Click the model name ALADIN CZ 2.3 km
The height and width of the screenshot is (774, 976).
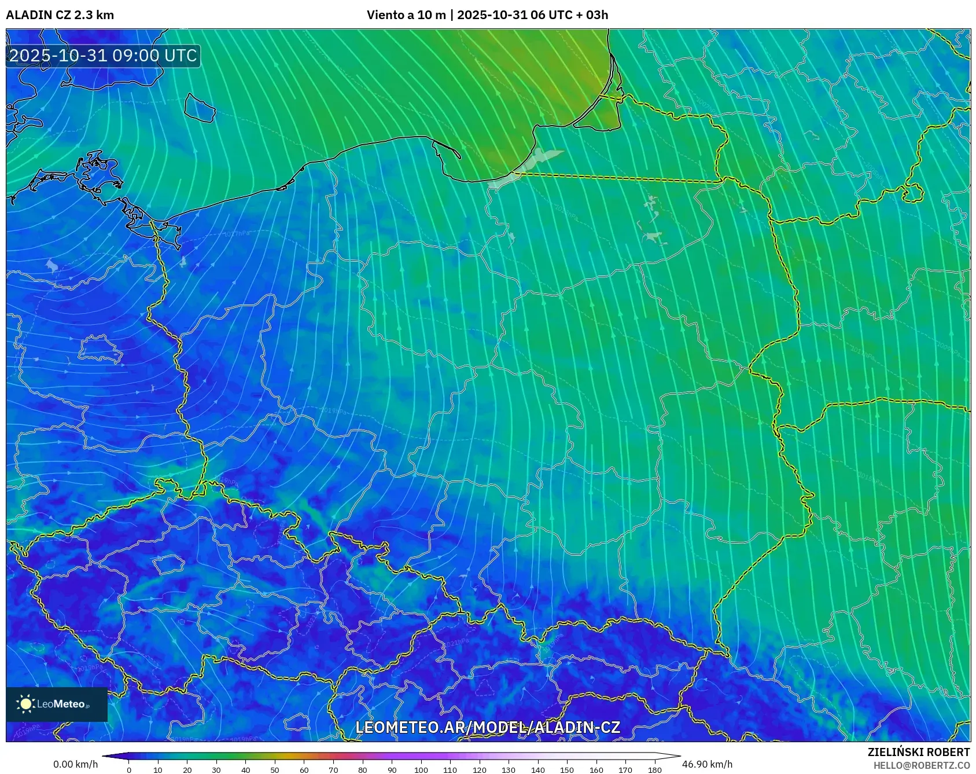click(x=60, y=15)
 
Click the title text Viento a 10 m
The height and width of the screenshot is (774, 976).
click(x=406, y=15)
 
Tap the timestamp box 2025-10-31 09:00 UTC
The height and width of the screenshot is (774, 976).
click(x=103, y=56)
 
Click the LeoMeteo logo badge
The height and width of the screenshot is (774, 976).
click(x=57, y=704)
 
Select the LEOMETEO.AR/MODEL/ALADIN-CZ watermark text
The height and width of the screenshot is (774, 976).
click(x=487, y=728)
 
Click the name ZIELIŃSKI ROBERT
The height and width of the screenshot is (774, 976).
click(x=918, y=752)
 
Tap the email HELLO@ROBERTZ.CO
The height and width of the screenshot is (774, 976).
click(x=921, y=765)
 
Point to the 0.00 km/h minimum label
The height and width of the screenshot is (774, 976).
click(x=75, y=764)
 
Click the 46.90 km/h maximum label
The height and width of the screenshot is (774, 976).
click(x=707, y=764)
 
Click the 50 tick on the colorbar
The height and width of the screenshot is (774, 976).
click(x=275, y=770)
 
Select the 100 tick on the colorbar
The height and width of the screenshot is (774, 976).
click(x=421, y=770)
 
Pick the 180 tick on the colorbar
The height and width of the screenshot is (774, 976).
click(x=654, y=770)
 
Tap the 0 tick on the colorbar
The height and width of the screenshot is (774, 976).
click(x=129, y=770)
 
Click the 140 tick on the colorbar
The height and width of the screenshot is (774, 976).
click(x=537, y=770)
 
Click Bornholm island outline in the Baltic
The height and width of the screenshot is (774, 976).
click(x=200, y=108)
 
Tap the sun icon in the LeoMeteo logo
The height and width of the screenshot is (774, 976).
click(x=26, y=704)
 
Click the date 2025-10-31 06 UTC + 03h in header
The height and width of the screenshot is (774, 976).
click(x=532, y=15)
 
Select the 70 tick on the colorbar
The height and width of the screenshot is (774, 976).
click(x=333, y=770)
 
